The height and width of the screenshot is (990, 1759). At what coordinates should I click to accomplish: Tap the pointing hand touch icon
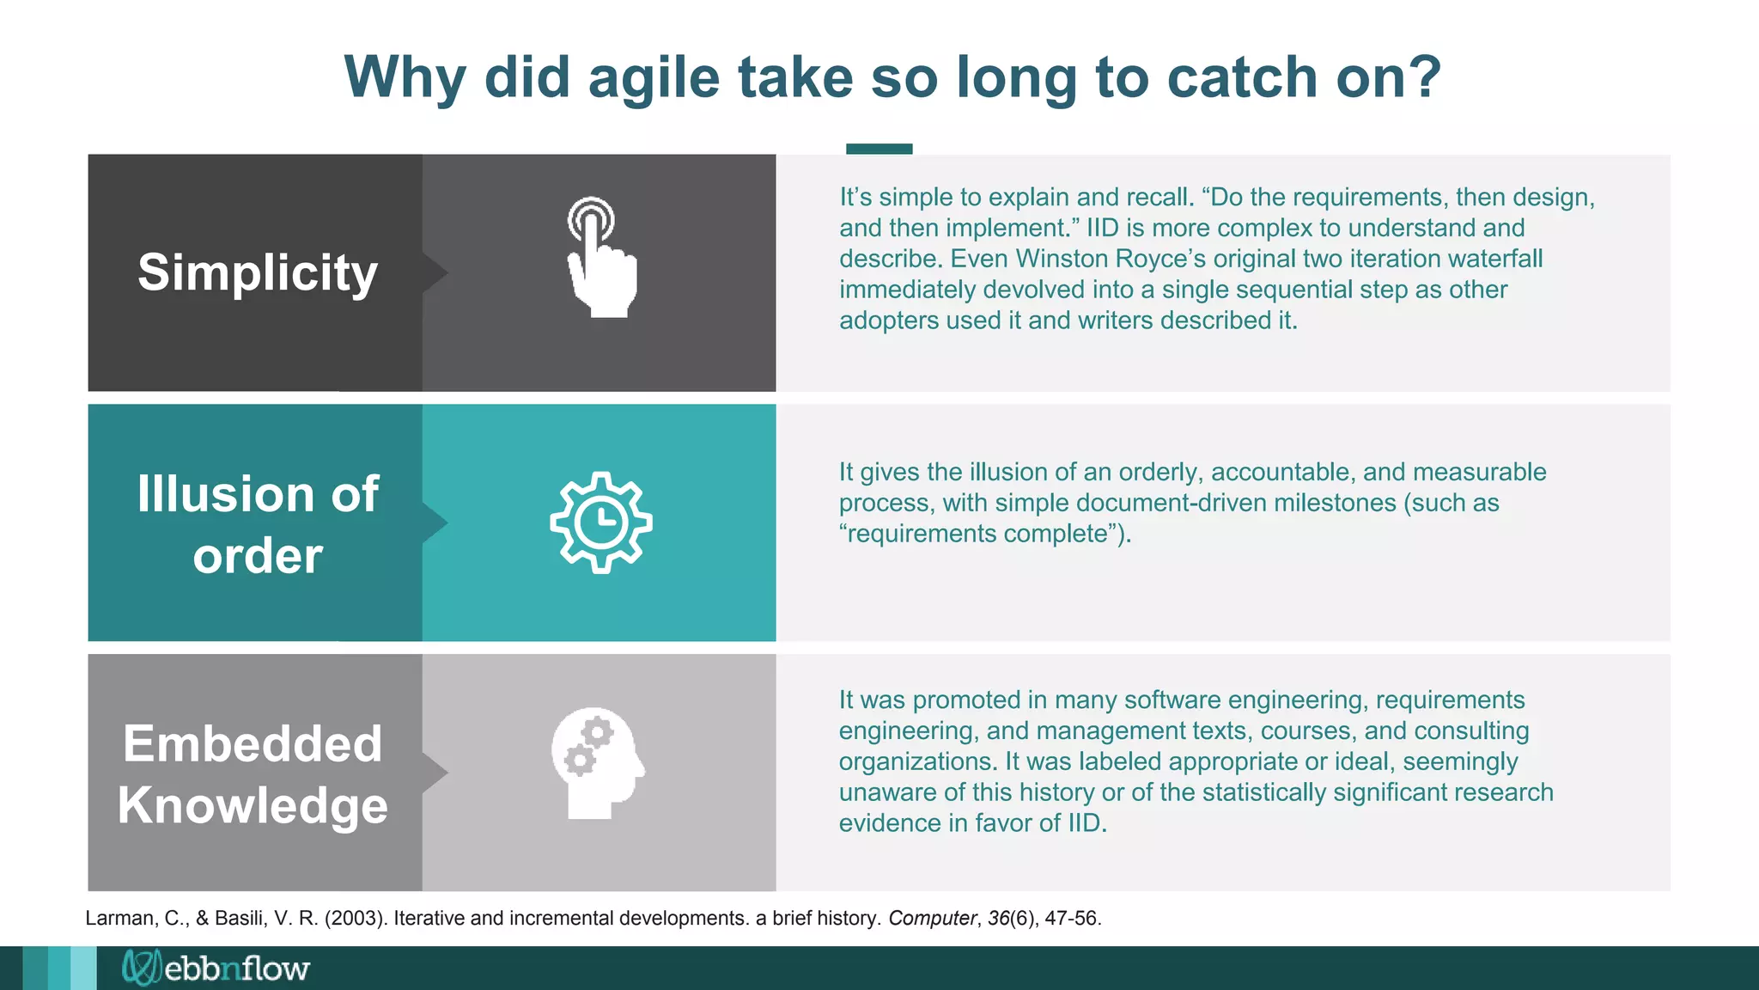[x=601, y=258]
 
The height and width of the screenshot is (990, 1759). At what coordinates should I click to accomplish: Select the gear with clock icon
[x=601, y=522]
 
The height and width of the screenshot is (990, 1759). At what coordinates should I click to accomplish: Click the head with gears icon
[x=598, y=763]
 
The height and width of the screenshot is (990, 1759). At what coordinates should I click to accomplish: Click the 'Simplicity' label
[x=258, y=272]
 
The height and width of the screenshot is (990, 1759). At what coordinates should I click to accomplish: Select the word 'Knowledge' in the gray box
[x=253, y=805]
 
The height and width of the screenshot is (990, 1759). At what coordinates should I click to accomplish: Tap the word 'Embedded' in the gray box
[x=253, y=743]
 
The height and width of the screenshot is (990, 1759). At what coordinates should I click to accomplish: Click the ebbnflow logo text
[x=236, y=969]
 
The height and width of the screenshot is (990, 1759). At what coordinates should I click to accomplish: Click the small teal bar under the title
[x=879, y=149]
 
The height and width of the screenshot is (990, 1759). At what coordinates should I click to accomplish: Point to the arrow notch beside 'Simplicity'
[x=435, y=272]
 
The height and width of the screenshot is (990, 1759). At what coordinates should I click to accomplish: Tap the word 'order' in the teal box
[x=258, y=556]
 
